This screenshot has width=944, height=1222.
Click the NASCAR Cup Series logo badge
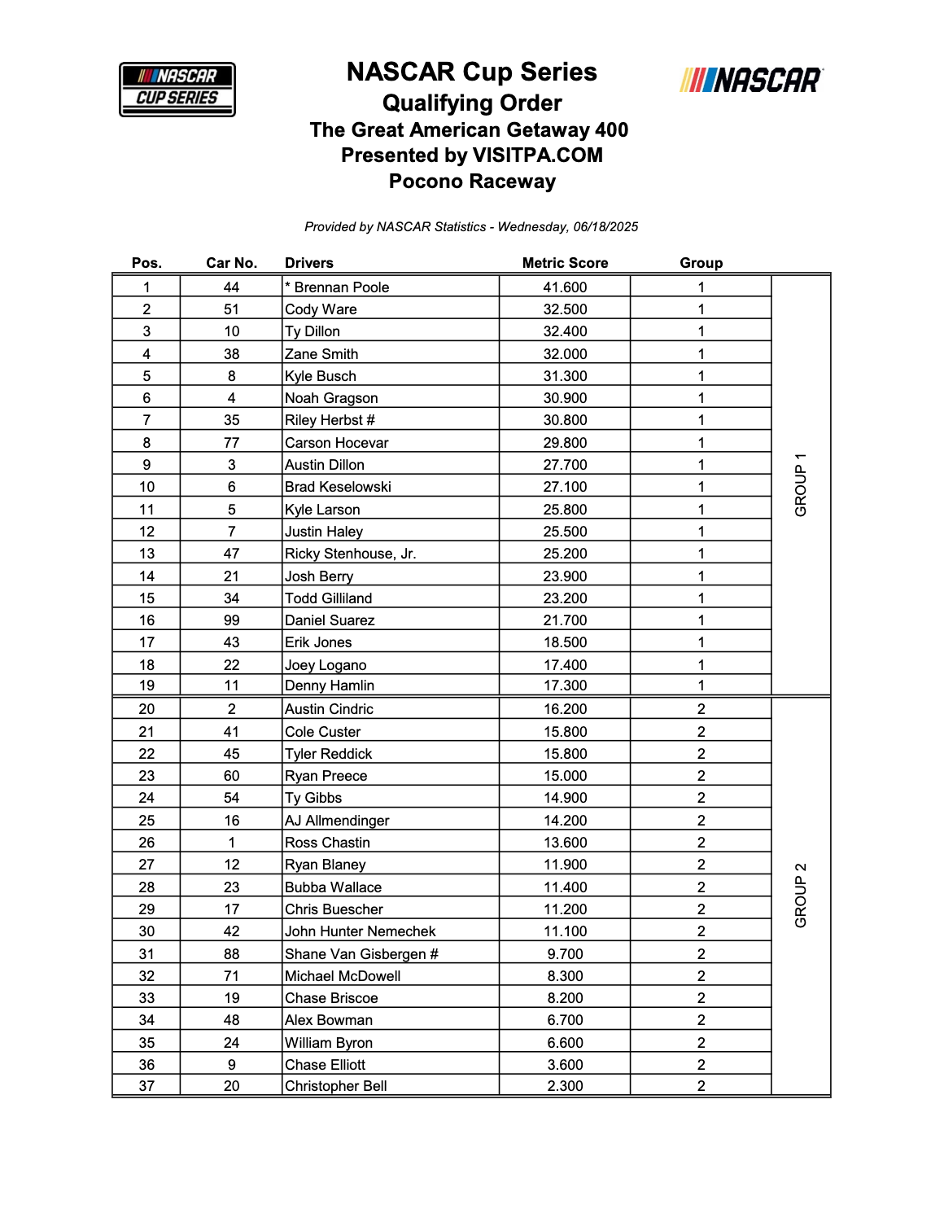pos(177,90)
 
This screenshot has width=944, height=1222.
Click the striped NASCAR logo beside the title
pos(751,81)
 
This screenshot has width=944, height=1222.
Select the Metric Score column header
pos(565,263)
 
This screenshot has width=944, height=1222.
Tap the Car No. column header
pos(231,263)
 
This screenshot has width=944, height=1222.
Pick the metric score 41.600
pos(565,287)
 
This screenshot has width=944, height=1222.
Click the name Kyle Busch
pos(321,376)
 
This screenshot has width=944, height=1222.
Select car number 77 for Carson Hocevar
pos(231,443)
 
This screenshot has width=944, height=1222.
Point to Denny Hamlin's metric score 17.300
pos(565,685)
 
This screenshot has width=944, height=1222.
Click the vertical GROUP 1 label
pos(801,484)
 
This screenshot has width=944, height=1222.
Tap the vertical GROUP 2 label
pos(801,895)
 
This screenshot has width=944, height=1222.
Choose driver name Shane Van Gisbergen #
pos(361,954)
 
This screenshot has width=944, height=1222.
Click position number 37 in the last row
pos(146,1086)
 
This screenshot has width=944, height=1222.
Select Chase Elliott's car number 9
pos(231,1065)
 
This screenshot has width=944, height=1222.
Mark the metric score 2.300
pos(565,1086)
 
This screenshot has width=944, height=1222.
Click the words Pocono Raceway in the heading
pos(472,182)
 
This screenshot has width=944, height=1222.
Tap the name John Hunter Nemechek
pos(360,931)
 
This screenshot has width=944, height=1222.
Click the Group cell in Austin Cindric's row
pos(701,709)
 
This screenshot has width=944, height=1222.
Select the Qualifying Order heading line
pos(472,103)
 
